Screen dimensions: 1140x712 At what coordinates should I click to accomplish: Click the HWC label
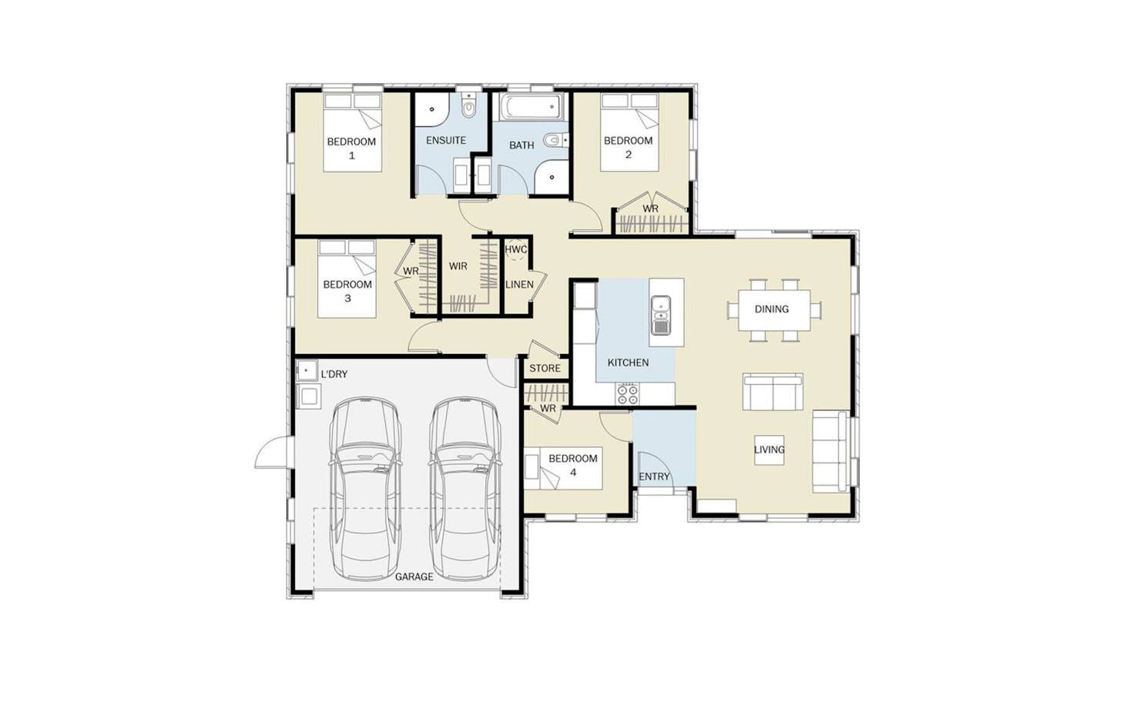(515, 249)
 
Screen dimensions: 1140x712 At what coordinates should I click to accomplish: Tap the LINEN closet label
(520, 285)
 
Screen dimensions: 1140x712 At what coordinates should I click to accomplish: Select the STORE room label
(545, 368)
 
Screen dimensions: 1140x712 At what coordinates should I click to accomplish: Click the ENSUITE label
(446, 140)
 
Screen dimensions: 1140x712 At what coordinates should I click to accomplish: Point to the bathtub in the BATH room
(531, 106)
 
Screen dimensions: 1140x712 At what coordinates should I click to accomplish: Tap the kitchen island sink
(661, 316)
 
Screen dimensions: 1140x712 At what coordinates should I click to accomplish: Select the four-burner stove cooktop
(628, 394)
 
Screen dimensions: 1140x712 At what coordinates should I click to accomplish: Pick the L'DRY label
(334, 374)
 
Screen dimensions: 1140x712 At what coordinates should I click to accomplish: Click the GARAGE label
(414, 577)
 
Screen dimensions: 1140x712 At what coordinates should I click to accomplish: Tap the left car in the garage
(366, 489)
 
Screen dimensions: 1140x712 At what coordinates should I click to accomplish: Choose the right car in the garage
(464, 489)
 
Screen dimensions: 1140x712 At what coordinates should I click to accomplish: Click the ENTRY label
(654, 476)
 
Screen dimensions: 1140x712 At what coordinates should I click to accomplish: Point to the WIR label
(458, 266)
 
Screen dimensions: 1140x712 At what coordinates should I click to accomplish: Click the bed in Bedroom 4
(563, 469)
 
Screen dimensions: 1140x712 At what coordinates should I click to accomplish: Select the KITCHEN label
(628, 363)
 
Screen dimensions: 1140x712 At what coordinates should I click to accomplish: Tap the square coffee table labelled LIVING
(769, 450)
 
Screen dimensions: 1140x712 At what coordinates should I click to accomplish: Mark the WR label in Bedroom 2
(650, 209)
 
